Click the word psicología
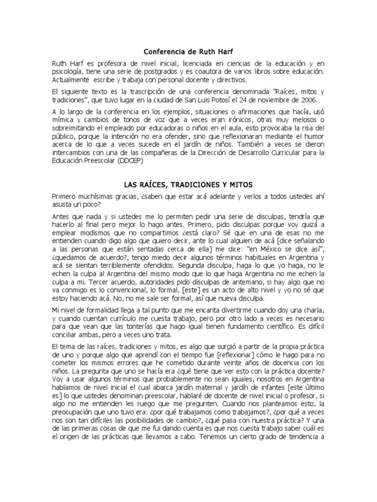click(x=68, y=72)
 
